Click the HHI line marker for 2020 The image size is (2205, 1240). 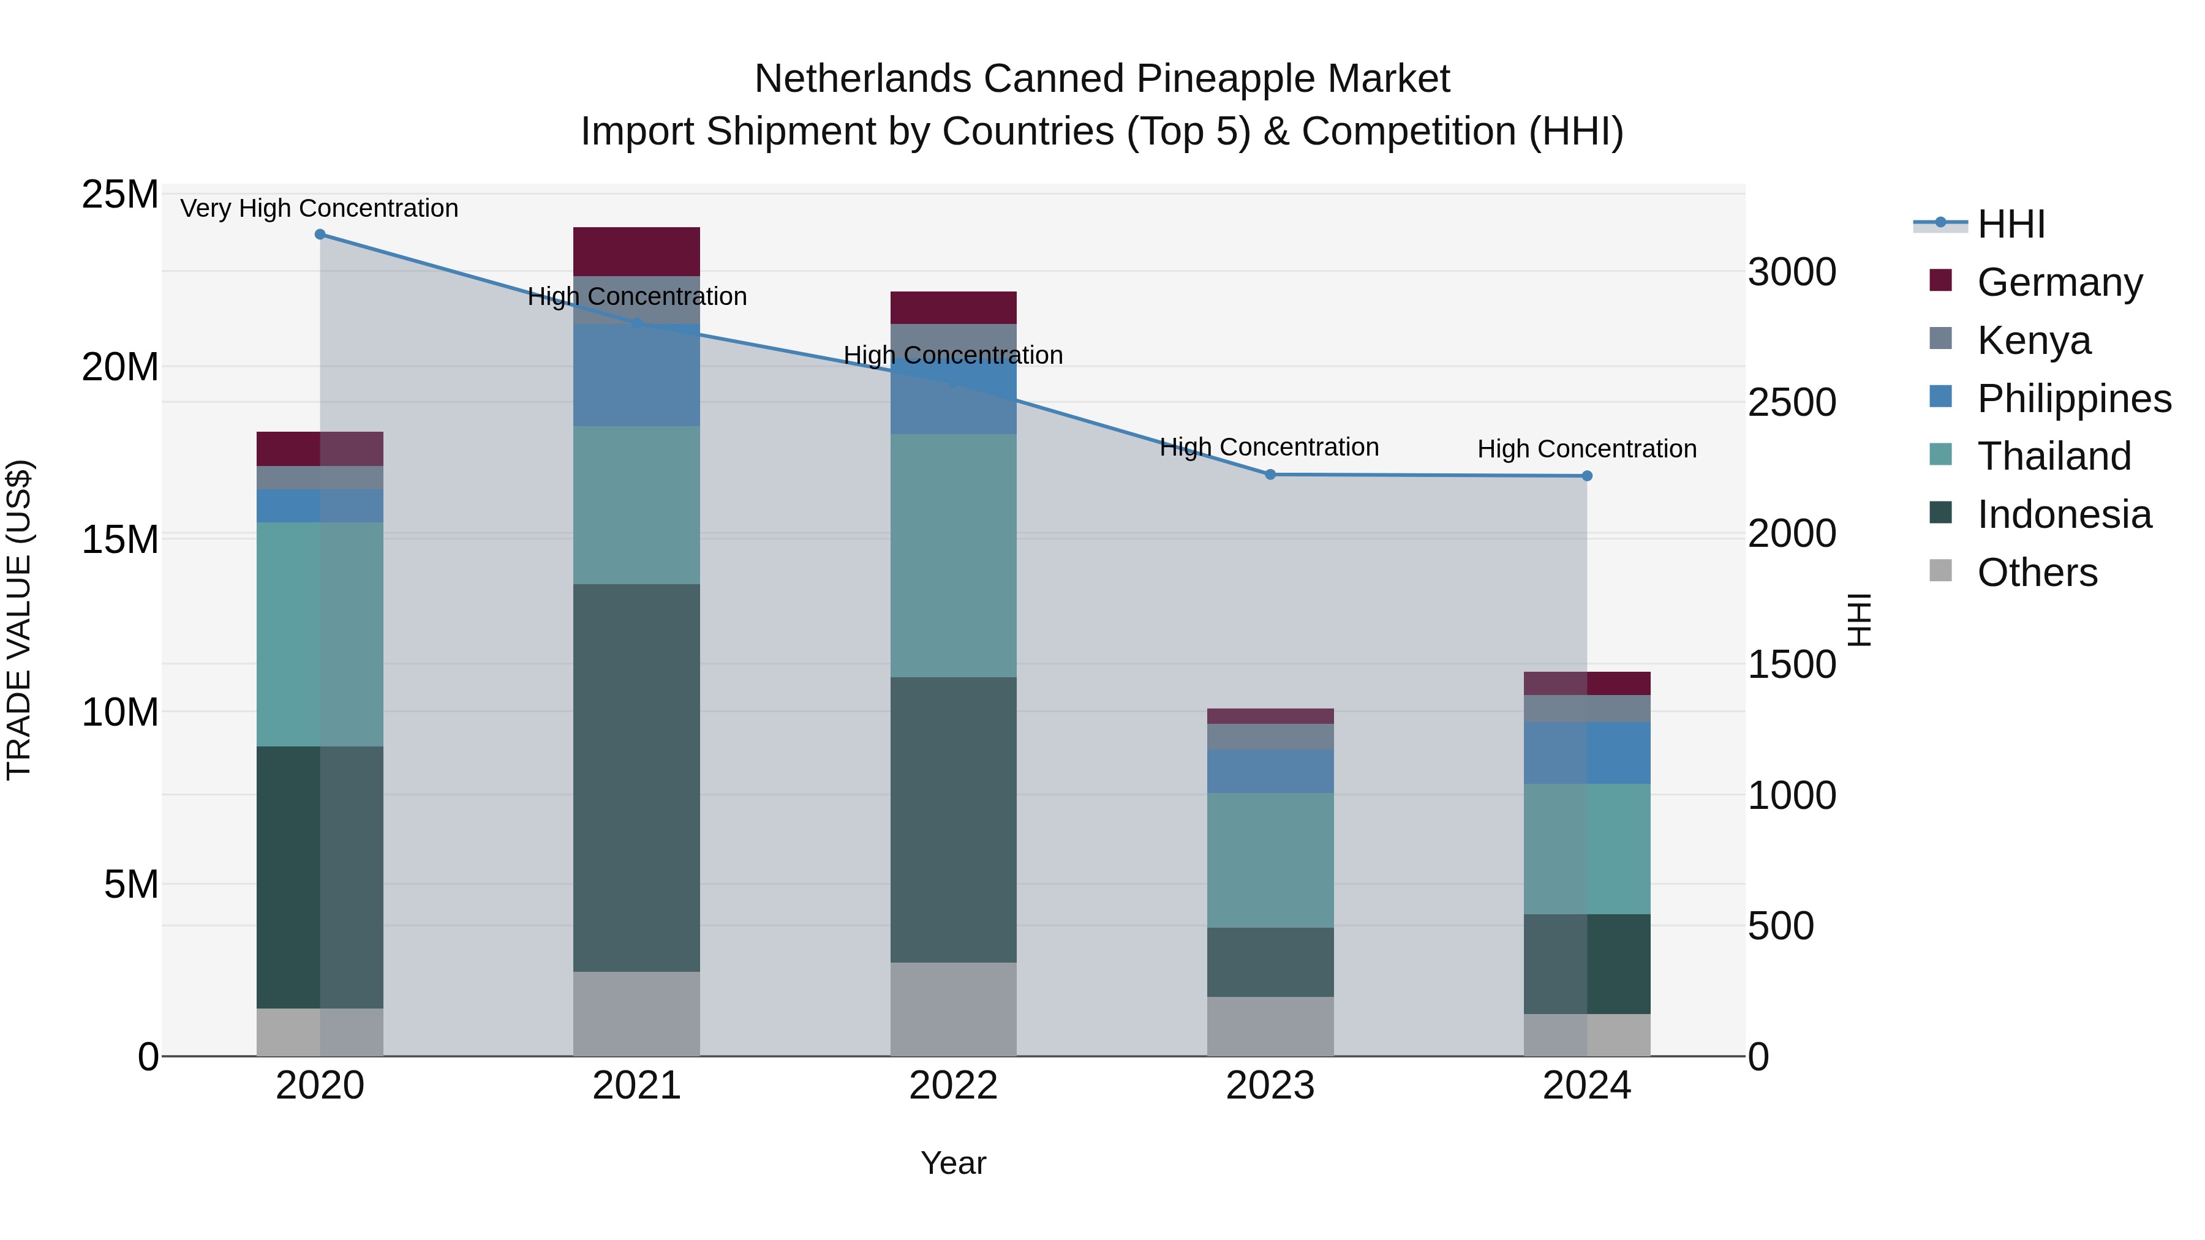tap(320, 235)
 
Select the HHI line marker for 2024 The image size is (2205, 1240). tap(1587, 476)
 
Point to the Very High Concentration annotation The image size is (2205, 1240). tap(319, 208)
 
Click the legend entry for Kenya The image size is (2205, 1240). tap(2034, 340)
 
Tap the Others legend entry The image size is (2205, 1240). tap(2037, 572)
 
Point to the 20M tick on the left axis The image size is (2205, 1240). tap(120, 367)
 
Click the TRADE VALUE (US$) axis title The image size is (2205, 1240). tap(19, 620)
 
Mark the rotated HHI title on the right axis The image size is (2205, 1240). tap(1859, 620)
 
